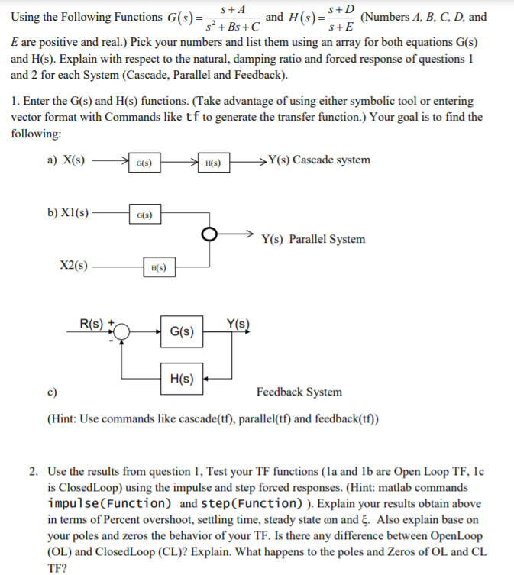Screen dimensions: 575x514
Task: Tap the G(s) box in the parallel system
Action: pos(144,215)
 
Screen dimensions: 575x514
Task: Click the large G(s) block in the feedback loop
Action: pos(182,332)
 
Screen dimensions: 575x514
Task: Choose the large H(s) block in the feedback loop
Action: pos(182,378)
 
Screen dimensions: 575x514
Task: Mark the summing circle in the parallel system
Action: pos(210,234)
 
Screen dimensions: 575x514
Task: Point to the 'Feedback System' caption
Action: pos(299,392)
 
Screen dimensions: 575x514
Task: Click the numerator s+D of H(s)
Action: pos(340,10)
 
